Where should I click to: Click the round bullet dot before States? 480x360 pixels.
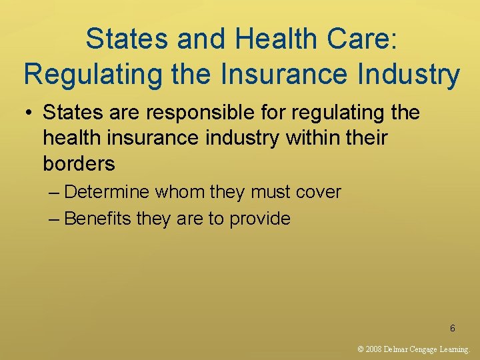coord(29,113)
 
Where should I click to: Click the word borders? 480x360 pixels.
coord(79,163)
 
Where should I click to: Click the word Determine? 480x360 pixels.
coord(107,193)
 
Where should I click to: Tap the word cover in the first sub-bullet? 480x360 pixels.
coord(317,193)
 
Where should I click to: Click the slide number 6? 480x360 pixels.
coord(453,328)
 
